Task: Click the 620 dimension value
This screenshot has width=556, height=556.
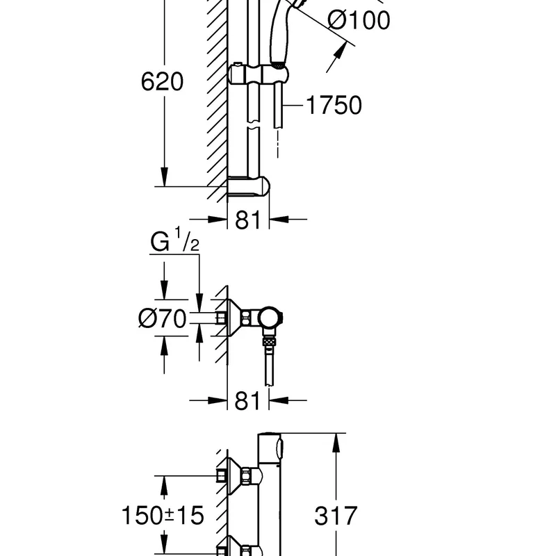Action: pyautogui.click(x=162, y=82)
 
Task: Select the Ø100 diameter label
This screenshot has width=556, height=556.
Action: pyautogui.click(x=359, y=20)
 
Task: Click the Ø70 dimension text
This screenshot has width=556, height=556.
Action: pyautogui.click(x=162, y=319)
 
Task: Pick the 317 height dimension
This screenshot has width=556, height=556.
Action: pyautogui.click(x=336, y=516)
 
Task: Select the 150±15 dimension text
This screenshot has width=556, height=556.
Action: pyautogui.click(x=163, y=516)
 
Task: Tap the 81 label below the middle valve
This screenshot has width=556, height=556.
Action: pyautogui.click(x=248, y=400)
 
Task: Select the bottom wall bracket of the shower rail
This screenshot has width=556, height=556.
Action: pyautogui.click(x=249, y=187)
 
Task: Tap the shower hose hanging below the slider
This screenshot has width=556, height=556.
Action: pyautogui.click(x=279, y=104)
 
